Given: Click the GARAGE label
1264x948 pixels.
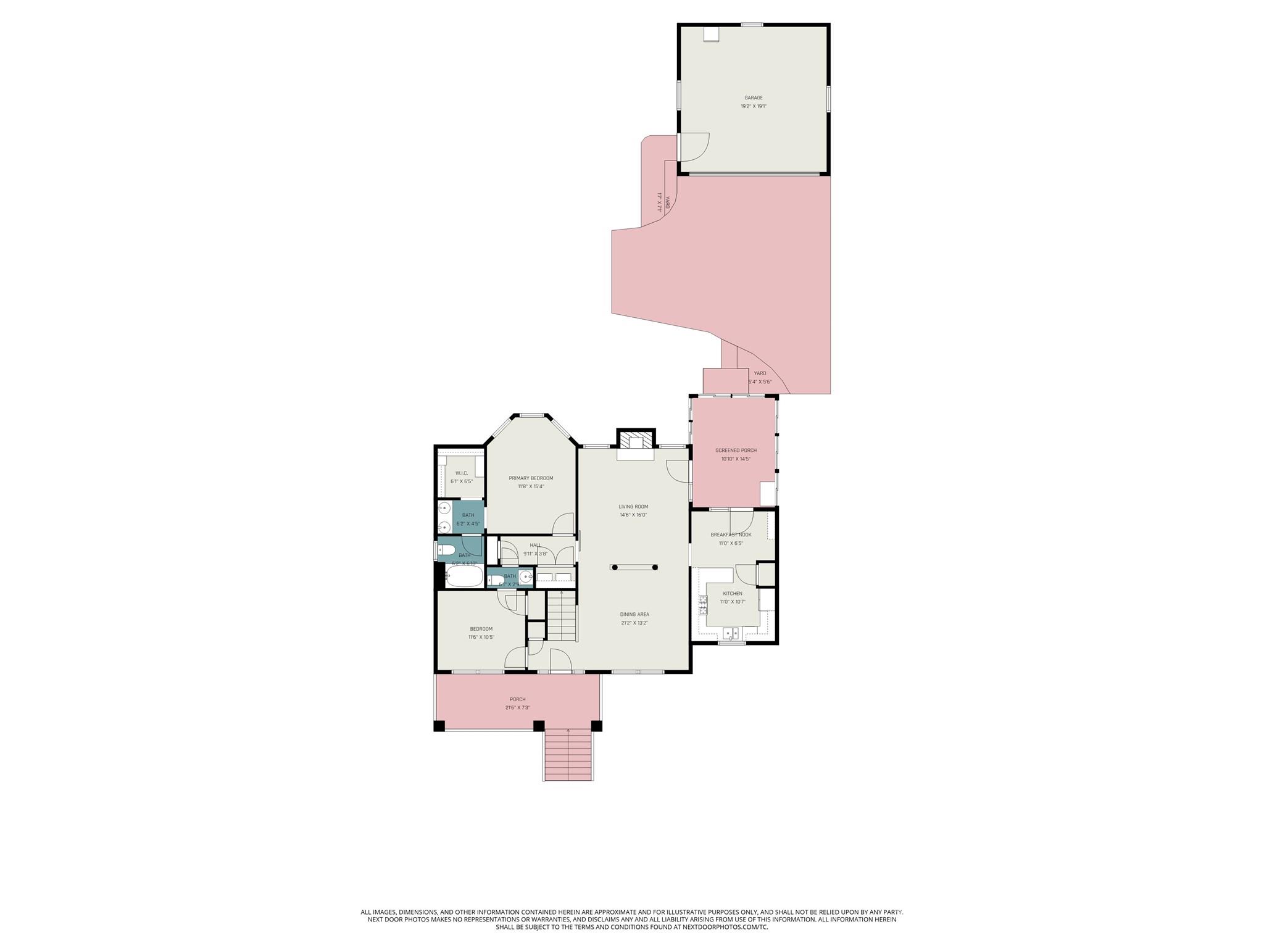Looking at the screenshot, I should [753, 98].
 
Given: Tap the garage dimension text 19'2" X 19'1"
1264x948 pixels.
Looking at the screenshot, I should [753, 106].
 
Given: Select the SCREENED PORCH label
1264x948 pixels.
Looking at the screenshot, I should [736, 451].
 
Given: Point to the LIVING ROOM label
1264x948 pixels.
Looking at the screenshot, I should [633, 507].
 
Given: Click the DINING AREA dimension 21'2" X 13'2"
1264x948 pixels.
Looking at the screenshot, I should [634, 623].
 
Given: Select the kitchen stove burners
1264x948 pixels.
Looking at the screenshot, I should [703, 605].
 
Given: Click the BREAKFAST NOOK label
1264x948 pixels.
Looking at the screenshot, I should [731, 535].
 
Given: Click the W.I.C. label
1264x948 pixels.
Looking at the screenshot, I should [462, 473].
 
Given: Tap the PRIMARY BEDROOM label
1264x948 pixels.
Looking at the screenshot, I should [531, 478].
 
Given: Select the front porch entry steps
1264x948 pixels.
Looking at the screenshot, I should [568, 755].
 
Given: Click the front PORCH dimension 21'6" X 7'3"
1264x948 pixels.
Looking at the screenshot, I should [517, 708].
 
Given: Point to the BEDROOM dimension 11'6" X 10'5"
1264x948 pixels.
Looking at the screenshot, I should [481, 637].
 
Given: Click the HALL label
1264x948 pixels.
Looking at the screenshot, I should [535, 546].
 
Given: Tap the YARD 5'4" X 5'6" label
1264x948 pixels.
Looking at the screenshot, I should [760, 377].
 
